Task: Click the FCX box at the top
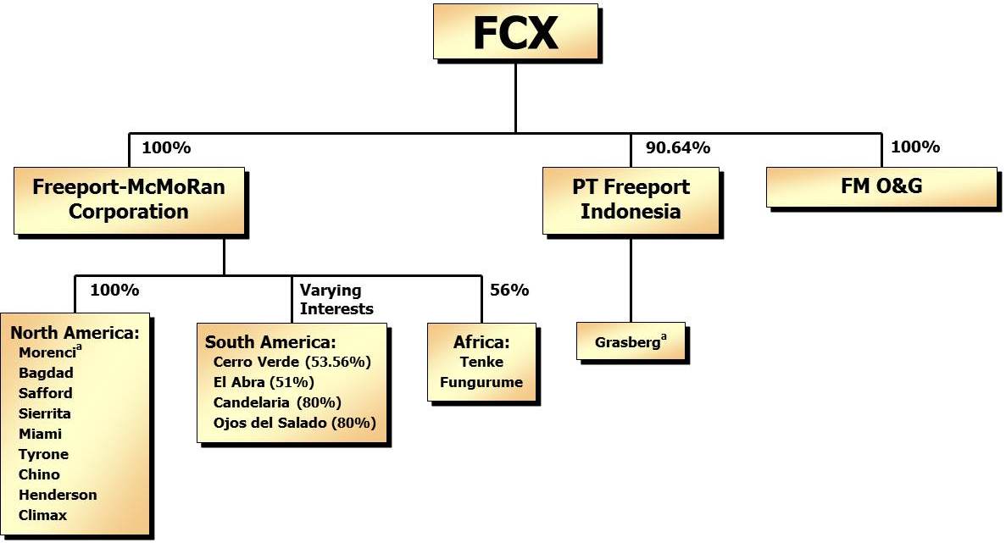coord(515,34)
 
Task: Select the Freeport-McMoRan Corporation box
coord(129,199)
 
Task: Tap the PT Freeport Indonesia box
coord(631,199)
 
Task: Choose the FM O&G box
coord(881,186)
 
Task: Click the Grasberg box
coord(631,342)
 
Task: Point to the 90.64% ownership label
coord(677,147)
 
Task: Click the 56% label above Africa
coord(509,290)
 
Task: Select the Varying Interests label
coord(336,300)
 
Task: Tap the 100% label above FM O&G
coord(915,147)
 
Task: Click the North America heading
coord(75,332)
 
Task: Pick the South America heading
coord(270,342)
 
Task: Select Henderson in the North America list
coord(58,495)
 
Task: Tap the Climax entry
coord(42,515)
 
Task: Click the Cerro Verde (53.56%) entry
coord(292,362)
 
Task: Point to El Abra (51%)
coord(264,382)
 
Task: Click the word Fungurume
coord(481,382)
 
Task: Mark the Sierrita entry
coord(45,413)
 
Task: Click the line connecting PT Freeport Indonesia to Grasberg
coord(631,279)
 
